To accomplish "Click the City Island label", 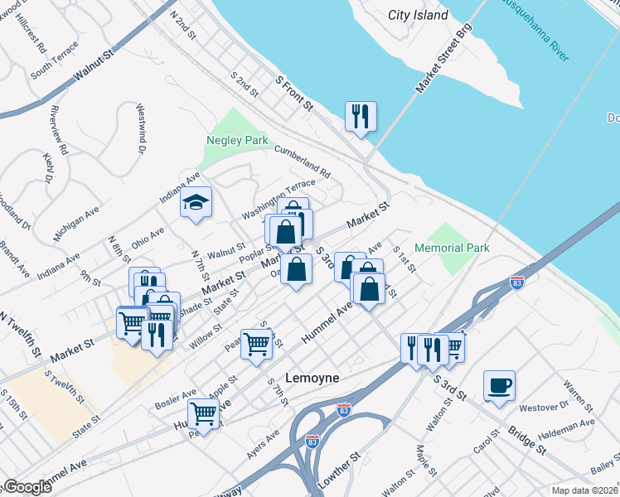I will tap(419, 15).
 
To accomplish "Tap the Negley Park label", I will tap(237, 140).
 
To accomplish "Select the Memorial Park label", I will tap(452, 248).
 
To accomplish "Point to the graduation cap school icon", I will tap(196, 203).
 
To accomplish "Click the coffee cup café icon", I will tap(499, 386).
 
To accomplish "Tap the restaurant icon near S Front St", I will tap(361, 116).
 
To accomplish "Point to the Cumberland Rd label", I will tap(303, 162).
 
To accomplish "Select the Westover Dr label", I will tap(543, 407).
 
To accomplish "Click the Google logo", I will tap(27, 487).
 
